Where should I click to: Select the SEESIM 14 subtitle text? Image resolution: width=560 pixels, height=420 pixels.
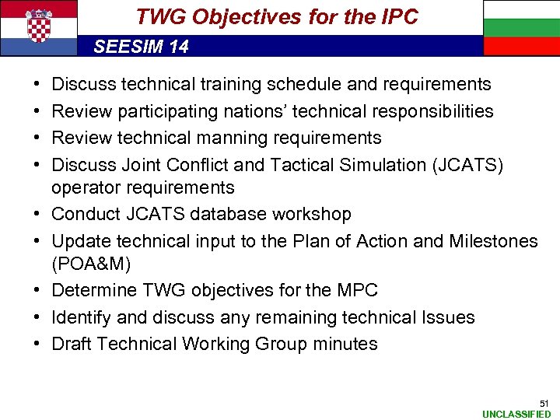141,47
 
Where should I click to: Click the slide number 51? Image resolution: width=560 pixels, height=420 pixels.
544,403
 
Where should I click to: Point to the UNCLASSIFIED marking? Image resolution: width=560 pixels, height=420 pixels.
516,415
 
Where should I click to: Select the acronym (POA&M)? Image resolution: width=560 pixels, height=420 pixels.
91,264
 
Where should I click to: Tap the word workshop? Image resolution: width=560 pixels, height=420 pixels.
313,214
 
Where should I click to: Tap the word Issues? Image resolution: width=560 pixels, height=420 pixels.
448,317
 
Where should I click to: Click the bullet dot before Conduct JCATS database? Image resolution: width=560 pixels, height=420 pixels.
37,214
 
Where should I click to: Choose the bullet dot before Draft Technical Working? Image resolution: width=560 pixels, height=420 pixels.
37,344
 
